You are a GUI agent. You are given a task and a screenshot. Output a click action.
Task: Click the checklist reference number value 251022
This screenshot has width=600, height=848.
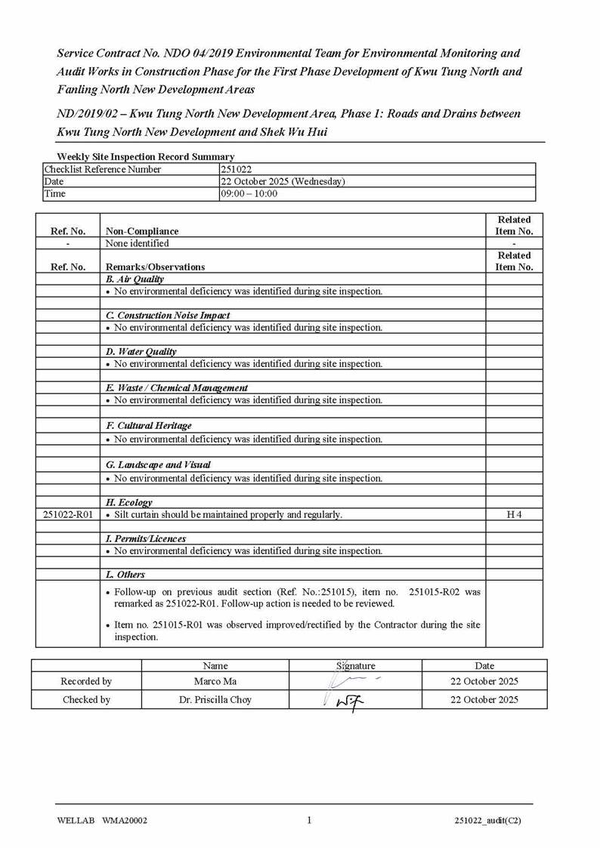pyautogui.click(x=236, y=169)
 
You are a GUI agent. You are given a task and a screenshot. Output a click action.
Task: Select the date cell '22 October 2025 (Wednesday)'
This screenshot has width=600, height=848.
pyautogui.click(x=283, y=181)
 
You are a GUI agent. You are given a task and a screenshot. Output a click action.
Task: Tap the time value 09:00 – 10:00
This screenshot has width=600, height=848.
pyautogui.click(x=249, y=193)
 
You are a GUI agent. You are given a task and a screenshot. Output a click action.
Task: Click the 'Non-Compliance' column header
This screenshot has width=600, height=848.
pyautogui.click(x=142, y=231)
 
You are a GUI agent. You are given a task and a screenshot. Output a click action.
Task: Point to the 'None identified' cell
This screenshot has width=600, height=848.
pyautogui.click(x=138, y=243)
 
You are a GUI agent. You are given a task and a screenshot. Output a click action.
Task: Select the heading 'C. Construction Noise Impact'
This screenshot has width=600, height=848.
pyautogui.click(x=168, y=315)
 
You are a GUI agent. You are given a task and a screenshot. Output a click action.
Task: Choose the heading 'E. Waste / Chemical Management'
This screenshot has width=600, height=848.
pyautogui.click(x=177, y=387)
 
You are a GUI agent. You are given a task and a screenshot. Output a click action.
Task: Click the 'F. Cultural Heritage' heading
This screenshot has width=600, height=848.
pyautogui.click(x=149, y=425)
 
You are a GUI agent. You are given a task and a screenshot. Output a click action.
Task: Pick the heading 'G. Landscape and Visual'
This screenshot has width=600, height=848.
pyautogui.click(x=158, y=464)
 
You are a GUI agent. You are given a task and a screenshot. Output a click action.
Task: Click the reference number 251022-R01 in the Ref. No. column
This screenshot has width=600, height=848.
pyautogui.click(x=67, y=514)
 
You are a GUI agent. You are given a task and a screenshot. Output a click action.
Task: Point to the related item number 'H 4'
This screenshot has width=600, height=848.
pyautogui.click(x=514, y=514)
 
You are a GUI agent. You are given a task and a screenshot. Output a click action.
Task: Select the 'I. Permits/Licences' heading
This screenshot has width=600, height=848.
pyautogui.click(x=146, y=538)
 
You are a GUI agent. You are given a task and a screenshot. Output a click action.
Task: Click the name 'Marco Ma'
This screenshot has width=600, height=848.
pyautogui.click(x=215, y=681)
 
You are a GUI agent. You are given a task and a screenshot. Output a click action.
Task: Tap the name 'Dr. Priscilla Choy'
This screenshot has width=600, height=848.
pyautogui.click(x=215, y=699)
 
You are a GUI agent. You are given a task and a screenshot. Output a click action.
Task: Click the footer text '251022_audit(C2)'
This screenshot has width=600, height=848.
pyautogui.click(x=487, y=821)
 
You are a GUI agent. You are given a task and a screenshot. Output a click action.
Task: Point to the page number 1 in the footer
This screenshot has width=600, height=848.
pyautogui.click(x=309, y=820)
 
